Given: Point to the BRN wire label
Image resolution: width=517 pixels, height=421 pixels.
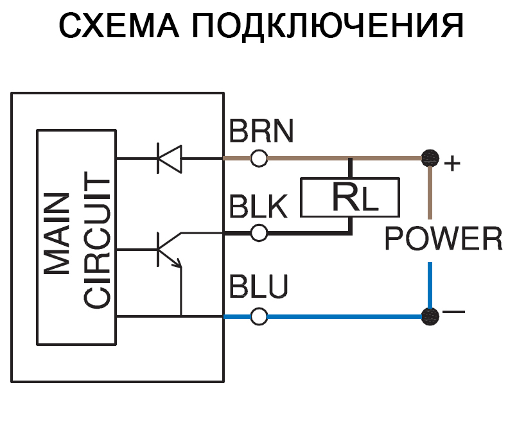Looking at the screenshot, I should click(261, 132).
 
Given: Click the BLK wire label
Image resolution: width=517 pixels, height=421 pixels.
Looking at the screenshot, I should click(259, 208).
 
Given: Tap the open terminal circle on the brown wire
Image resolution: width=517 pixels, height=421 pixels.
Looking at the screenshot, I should click(259, 158).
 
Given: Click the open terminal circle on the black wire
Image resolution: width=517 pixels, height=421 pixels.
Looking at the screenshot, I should click(259, 233).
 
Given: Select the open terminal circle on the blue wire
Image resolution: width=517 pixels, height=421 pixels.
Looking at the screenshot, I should click(259, 316).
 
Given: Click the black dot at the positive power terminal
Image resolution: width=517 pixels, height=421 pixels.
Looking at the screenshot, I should click(430, 157).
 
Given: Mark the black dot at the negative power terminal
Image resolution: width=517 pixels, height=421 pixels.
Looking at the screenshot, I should click(430, 315).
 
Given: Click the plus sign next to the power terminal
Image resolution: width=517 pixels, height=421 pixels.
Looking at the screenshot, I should click(453, 164).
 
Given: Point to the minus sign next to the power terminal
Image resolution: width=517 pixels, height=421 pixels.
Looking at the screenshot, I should click(454, 312).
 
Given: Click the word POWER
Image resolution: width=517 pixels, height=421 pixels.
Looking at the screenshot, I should click(443, 239).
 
